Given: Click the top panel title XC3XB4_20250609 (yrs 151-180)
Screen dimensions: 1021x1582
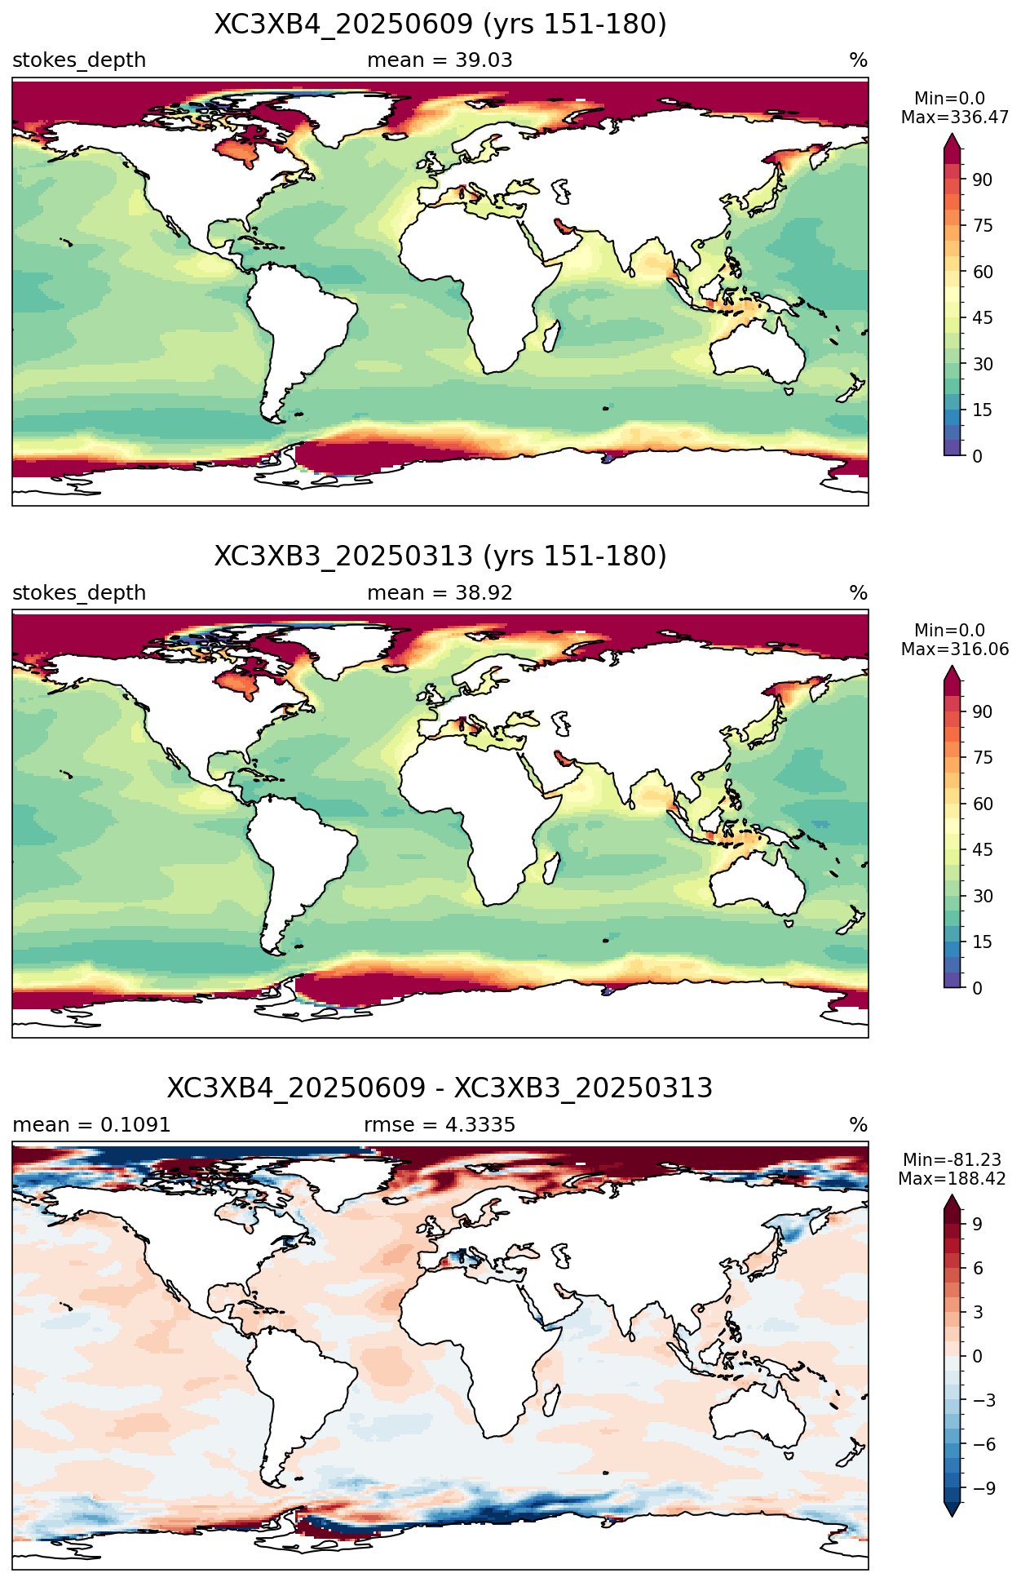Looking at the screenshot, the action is pyautogui.click(x=440, y=24).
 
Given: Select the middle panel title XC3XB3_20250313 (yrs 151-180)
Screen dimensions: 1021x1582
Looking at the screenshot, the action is pyautogui.click(x=440, y=556).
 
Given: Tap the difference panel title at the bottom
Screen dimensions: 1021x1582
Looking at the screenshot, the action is pyautogui.click(x=440, y=1088).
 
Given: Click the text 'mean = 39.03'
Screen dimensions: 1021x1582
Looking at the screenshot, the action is pyautogui.click(x=440, y=60).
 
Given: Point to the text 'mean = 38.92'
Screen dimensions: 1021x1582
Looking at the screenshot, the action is pyautogui.click(x=440, y=593).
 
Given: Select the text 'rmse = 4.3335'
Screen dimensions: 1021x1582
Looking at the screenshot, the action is pyautogui.click(x=440, y=1125).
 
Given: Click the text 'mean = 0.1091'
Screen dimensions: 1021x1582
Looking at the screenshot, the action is pyautogui.click(x=91, y=1125).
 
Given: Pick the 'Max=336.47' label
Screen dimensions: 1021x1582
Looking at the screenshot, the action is pyautogui.click(x=955, y=117).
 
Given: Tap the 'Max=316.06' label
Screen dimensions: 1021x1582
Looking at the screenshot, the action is pyautogui.click(x=955, y=649).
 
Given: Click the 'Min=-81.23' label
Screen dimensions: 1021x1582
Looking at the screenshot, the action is pyautogui.click(x=952, y=1160).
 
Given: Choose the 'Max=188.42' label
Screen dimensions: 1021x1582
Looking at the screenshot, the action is pyautogui.click(x=952, y=1179).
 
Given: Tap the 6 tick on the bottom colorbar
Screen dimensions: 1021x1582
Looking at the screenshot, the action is pyautogui.click(x=978, y=1268).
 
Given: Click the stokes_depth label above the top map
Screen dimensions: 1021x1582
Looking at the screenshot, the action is pyautogui.click(x=79, y=60).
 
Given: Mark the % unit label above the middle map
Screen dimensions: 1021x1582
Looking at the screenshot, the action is pyautogui.click(x=858, y=593).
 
